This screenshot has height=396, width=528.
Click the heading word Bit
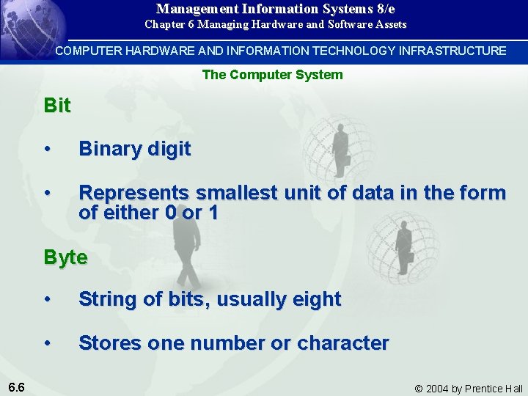click(57, 106)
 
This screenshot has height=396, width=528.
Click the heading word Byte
click(65, 258)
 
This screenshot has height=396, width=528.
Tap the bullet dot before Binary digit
click(48, 150)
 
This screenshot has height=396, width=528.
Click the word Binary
click(110, 150)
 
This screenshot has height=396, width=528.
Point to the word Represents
click(133, 193)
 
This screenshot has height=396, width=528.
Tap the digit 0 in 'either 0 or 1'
click(170, 213)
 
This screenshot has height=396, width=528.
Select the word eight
click(317, 299)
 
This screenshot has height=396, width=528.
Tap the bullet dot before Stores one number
click(48, 342)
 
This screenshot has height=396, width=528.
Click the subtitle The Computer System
click(272, 75)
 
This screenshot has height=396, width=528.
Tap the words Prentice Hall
click(495, 389)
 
